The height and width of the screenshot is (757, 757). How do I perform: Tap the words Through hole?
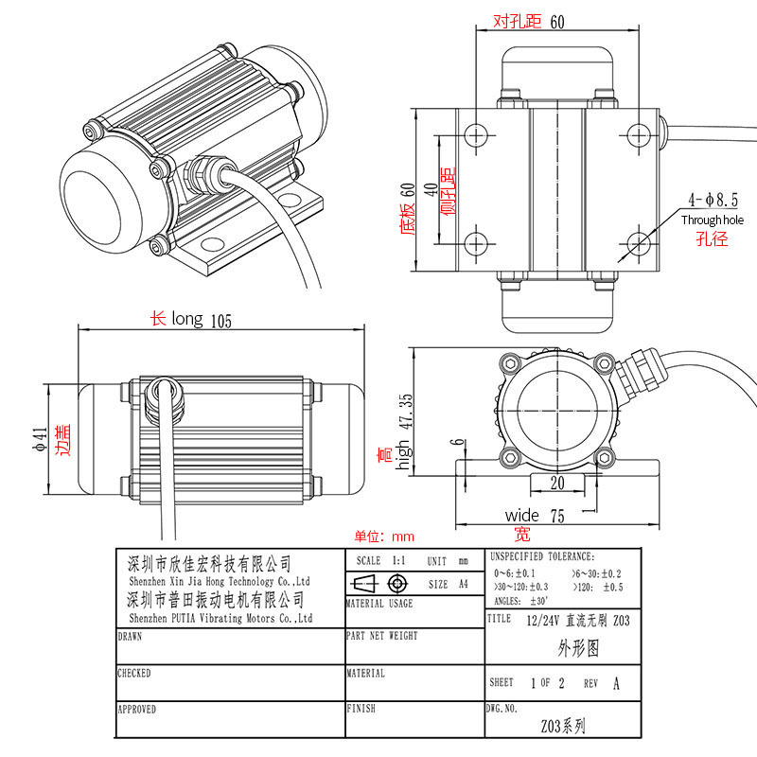713,220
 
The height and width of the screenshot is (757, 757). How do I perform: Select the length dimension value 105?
221,320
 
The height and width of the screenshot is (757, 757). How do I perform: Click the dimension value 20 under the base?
556,482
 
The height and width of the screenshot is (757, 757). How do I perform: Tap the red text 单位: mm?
385,536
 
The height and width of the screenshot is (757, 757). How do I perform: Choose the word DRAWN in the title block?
131,637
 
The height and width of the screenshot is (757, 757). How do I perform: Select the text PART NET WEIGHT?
382,637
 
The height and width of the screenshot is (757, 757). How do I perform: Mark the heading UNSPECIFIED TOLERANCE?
542,556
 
